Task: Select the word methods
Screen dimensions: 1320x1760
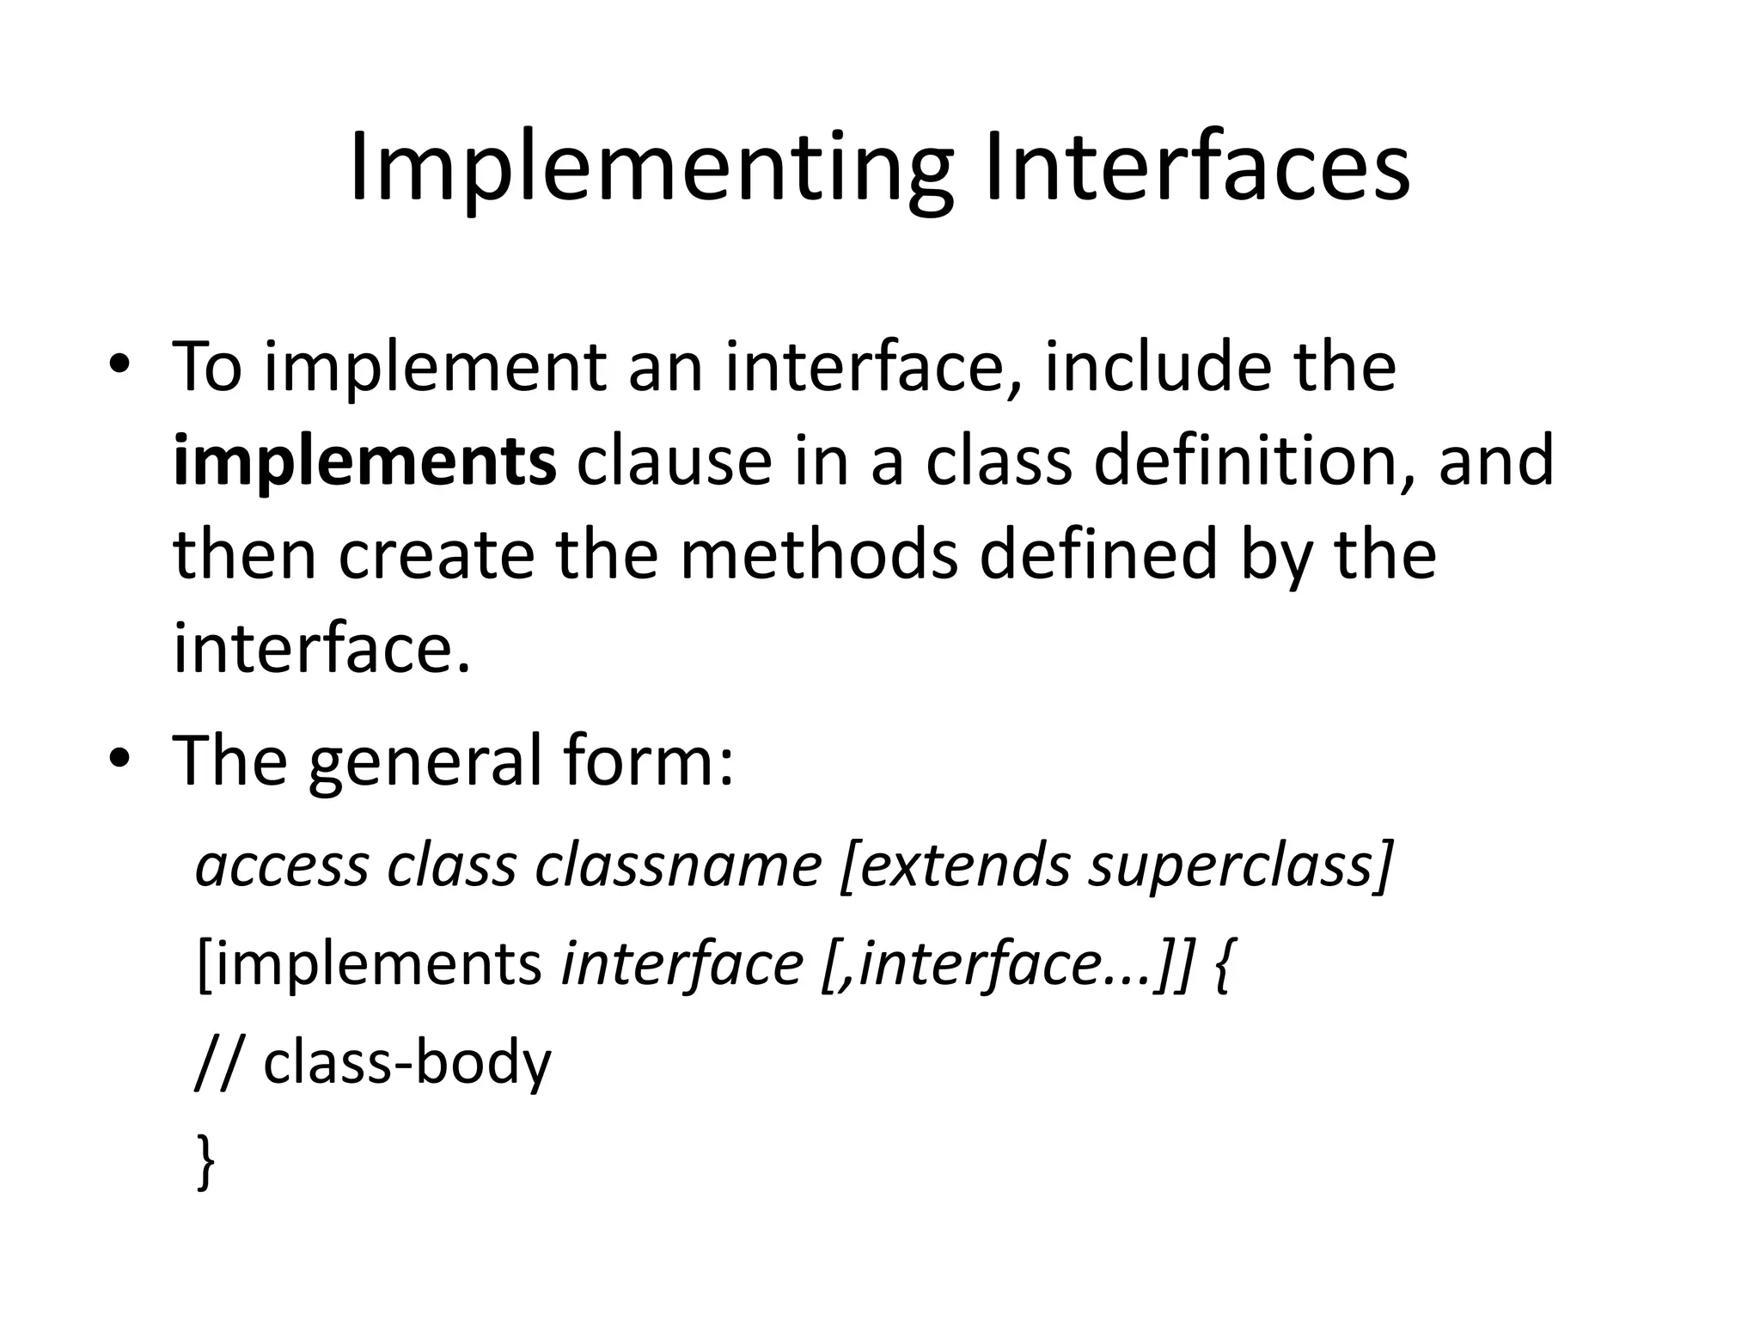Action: tap(818, 554)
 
